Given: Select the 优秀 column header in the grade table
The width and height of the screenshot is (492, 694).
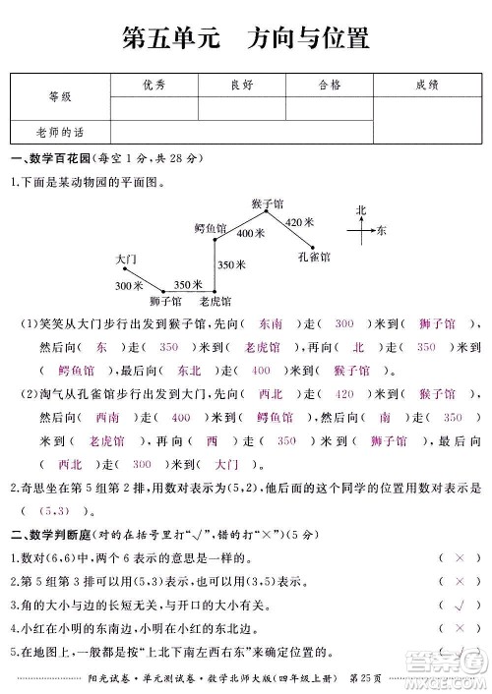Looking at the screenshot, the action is [x=154, y=86].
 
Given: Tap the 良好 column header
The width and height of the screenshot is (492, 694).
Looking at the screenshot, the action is [x=241, y=86].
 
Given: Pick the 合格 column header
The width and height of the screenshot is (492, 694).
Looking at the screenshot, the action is [x=330, y=86].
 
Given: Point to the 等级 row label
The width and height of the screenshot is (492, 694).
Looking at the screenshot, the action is [x=60, y=96].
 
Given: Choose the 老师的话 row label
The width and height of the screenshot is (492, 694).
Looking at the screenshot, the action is [x=60, y=131].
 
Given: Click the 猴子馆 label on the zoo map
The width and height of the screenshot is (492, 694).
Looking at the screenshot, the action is [x=267, y=202].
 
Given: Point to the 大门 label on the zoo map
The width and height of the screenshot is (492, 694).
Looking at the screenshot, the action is [x=125, y=258].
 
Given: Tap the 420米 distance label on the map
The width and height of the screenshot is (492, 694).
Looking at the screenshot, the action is [x=299, y=223].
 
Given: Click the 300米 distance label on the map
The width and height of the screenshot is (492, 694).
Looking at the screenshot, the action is [x=128, y=285].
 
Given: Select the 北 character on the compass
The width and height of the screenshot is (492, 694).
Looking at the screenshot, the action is [x=361, y=210].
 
